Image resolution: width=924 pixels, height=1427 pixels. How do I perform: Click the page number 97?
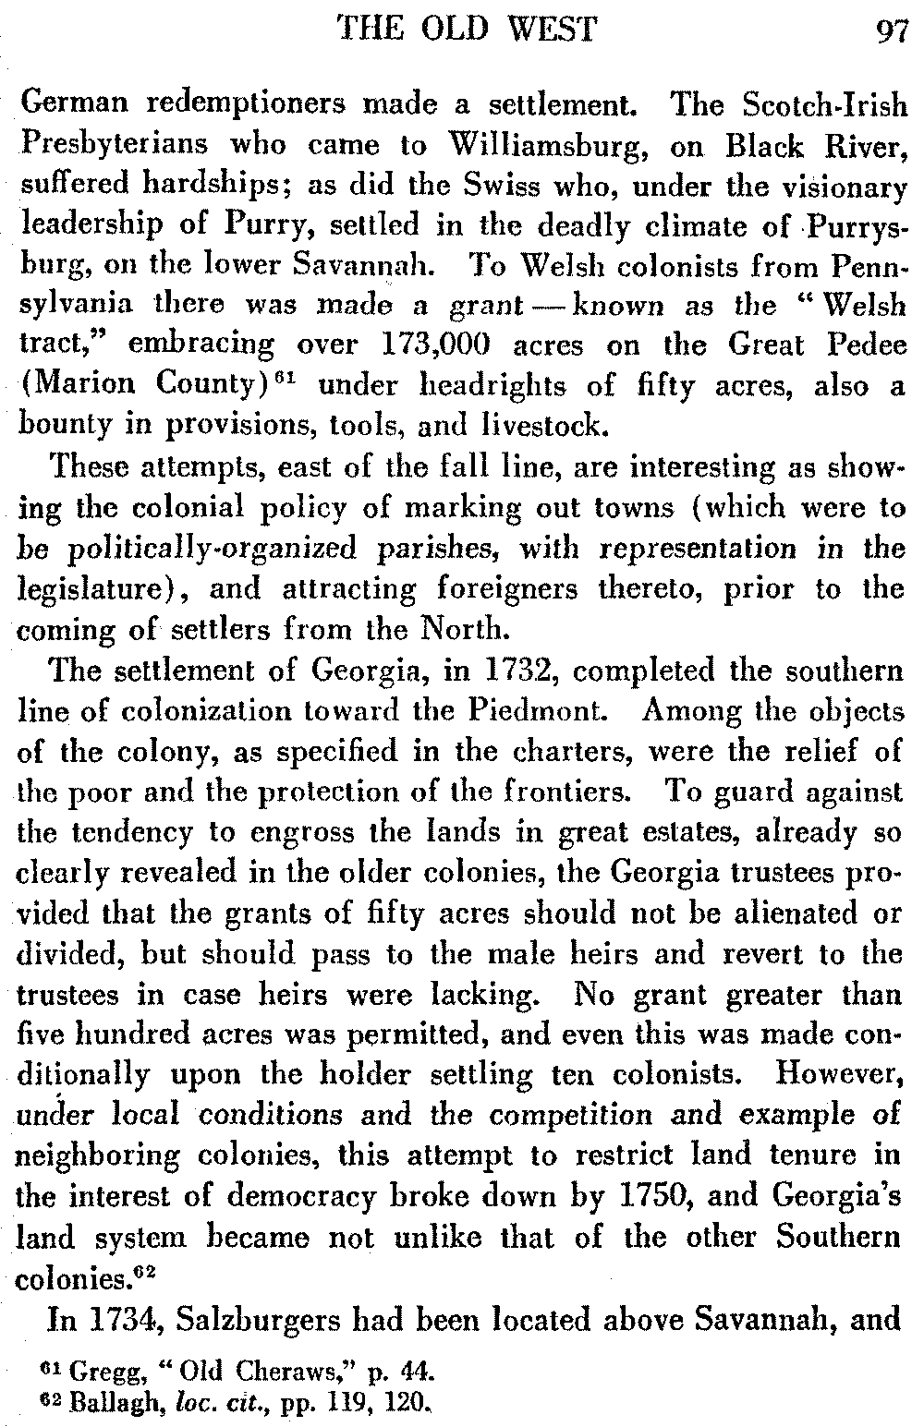893,33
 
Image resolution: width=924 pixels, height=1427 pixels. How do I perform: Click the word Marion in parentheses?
78,385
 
